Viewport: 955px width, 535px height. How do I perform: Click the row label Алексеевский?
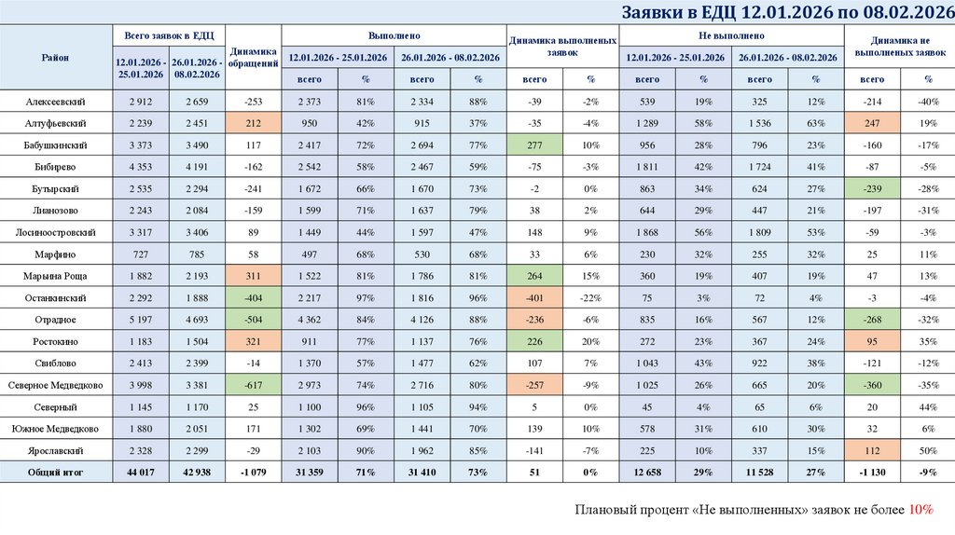pyautogui.click(x=57, y=101)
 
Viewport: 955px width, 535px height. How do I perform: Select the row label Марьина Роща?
pyautogui.click(x=57, y=276)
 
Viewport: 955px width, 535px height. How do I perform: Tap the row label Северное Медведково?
pyautogui.click(x=57, y=385)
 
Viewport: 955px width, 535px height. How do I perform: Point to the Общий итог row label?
pyautogui.click(x=57, y=473)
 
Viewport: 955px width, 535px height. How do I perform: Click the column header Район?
pyautogui.click(x=57, y=58)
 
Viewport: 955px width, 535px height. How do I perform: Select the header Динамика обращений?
pyautogui.click(x=254, y=58)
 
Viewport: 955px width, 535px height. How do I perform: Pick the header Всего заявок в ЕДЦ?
pyautogui.click(x=169, y=35)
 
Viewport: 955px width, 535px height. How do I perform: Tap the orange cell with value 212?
pyautogui.click(x=254, y=123)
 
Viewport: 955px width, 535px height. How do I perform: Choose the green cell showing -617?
pyautogui.click(x=254, y=385)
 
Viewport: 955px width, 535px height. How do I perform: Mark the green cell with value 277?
pyautogui.click(x=534, y=144)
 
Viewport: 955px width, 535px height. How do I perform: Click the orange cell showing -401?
pyautogui.click(x=534, y=297)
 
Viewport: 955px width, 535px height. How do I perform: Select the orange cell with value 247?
pyautogui.click(x=871, y=123)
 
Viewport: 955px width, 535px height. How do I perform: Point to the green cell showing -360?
pyautogui.click(x=871, y=385)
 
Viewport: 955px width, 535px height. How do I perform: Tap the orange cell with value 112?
pyautogui.click(x=871, y=450)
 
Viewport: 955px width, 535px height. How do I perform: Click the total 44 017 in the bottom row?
pyautogui.click(x=141, y=473)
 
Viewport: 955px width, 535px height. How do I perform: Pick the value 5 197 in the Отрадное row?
pyautogui.click(x=141, y=320)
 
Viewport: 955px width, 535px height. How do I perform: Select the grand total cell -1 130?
pyautogui.click(x=871, y=473)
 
